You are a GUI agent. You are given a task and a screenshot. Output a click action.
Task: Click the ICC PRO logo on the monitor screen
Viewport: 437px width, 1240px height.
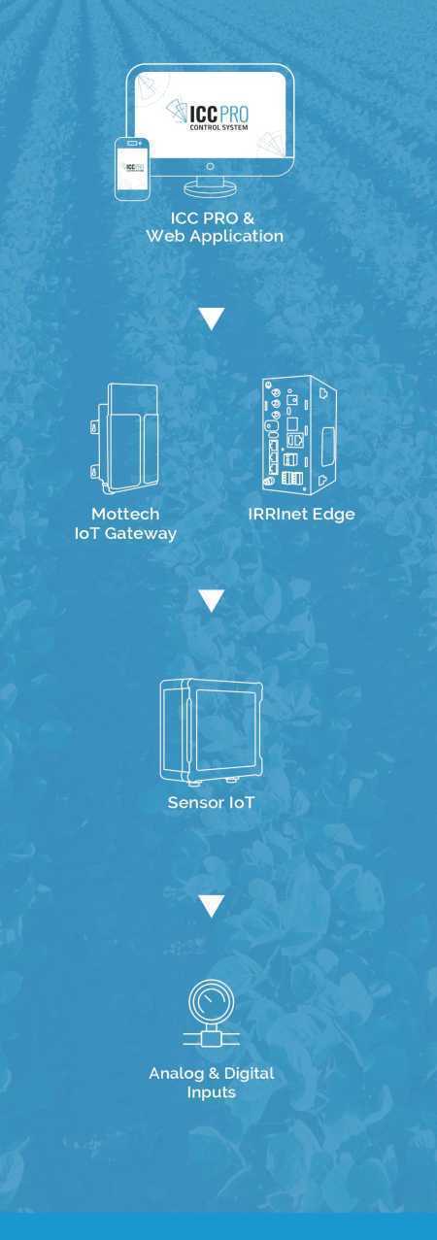208,116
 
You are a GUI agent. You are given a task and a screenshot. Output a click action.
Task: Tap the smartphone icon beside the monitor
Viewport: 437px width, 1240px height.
132,169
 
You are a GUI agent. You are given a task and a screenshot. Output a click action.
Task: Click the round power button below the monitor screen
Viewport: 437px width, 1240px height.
210,166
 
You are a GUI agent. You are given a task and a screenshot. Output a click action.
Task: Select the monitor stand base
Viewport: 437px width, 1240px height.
211,187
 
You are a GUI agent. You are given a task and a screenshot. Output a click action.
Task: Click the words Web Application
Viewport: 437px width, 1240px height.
215,236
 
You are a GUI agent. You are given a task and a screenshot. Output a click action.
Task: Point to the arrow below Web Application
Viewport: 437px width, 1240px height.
211,318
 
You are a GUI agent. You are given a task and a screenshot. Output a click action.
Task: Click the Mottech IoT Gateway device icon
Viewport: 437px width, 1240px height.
124,438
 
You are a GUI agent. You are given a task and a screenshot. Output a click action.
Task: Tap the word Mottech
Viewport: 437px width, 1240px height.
125,514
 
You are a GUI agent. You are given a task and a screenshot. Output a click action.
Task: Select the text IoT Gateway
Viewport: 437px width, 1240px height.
125,534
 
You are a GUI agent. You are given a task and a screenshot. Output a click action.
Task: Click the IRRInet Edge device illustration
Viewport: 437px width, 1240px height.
300,435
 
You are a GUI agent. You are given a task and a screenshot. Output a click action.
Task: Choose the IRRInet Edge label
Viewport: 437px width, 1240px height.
301,515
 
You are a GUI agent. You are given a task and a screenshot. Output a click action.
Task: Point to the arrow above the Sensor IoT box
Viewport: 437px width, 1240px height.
211,601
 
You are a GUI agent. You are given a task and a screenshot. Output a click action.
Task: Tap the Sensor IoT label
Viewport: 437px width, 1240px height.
211,802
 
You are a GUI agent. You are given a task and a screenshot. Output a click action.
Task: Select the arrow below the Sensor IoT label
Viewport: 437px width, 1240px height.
211,906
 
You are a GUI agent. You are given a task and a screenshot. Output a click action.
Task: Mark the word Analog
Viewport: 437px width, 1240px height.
177,1075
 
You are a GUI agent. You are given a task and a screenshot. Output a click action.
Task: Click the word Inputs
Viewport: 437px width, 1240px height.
211,1093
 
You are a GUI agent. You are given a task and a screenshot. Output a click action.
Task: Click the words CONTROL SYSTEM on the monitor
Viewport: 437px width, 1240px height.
218,127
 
